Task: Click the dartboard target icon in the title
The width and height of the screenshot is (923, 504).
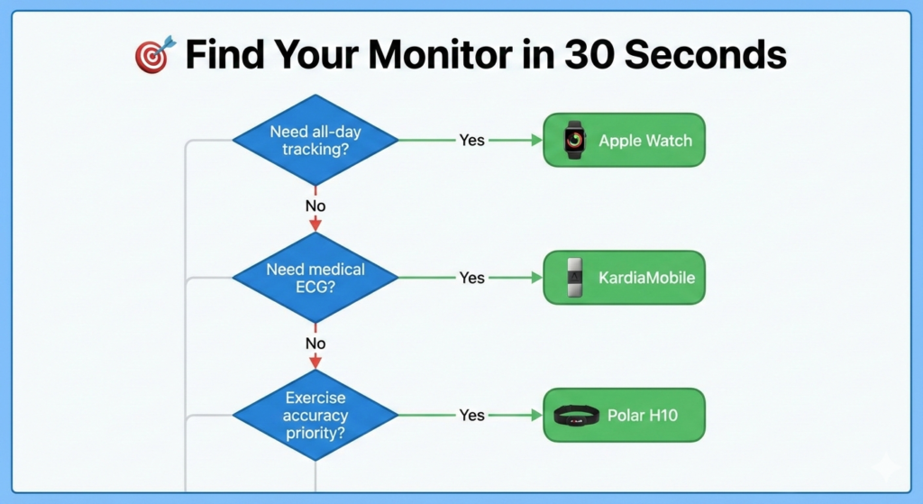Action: pyautogui.click(x=152, y=56)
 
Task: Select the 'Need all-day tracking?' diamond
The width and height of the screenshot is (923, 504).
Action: pyautogui.click(x=315, y=140)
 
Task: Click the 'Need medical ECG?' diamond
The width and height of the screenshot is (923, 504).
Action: pyautogui.click(x=315, y=278)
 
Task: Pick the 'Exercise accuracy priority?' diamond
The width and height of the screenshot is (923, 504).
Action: pyautogui.click(x=315, y=415)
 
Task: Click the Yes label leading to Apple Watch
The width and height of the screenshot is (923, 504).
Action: pyautogui.click(x=471, y=140)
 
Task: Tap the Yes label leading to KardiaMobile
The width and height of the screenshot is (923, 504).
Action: pyautogui.click(x=471, y=278)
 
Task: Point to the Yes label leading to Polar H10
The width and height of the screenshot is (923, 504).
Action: pyautogui.click(x=471, y=415)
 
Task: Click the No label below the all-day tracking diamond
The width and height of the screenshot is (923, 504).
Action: pyautogui.click(x=315, y=206)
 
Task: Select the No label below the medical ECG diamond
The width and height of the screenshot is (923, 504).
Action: pyautogui.click(x=315, y=344)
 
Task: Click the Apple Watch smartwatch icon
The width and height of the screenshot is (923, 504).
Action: pyautogui.click(x=574, y=140)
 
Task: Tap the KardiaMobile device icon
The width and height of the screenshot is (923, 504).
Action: pyautogui.click(x=574, y=278)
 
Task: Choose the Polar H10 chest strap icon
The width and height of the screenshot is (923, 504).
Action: pyautogui.click(x=577, y=416)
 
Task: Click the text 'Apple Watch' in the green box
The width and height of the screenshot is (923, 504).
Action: pyautogui.click(x=645, y=141)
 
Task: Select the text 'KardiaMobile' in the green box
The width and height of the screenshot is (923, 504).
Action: pyautogui.click(x=646, y=278)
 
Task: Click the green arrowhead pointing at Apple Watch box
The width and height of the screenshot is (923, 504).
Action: pyautogui.click(x=536, y=140)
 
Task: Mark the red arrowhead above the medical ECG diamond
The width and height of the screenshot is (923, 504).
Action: pyautogui.click(x=315, y=225)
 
